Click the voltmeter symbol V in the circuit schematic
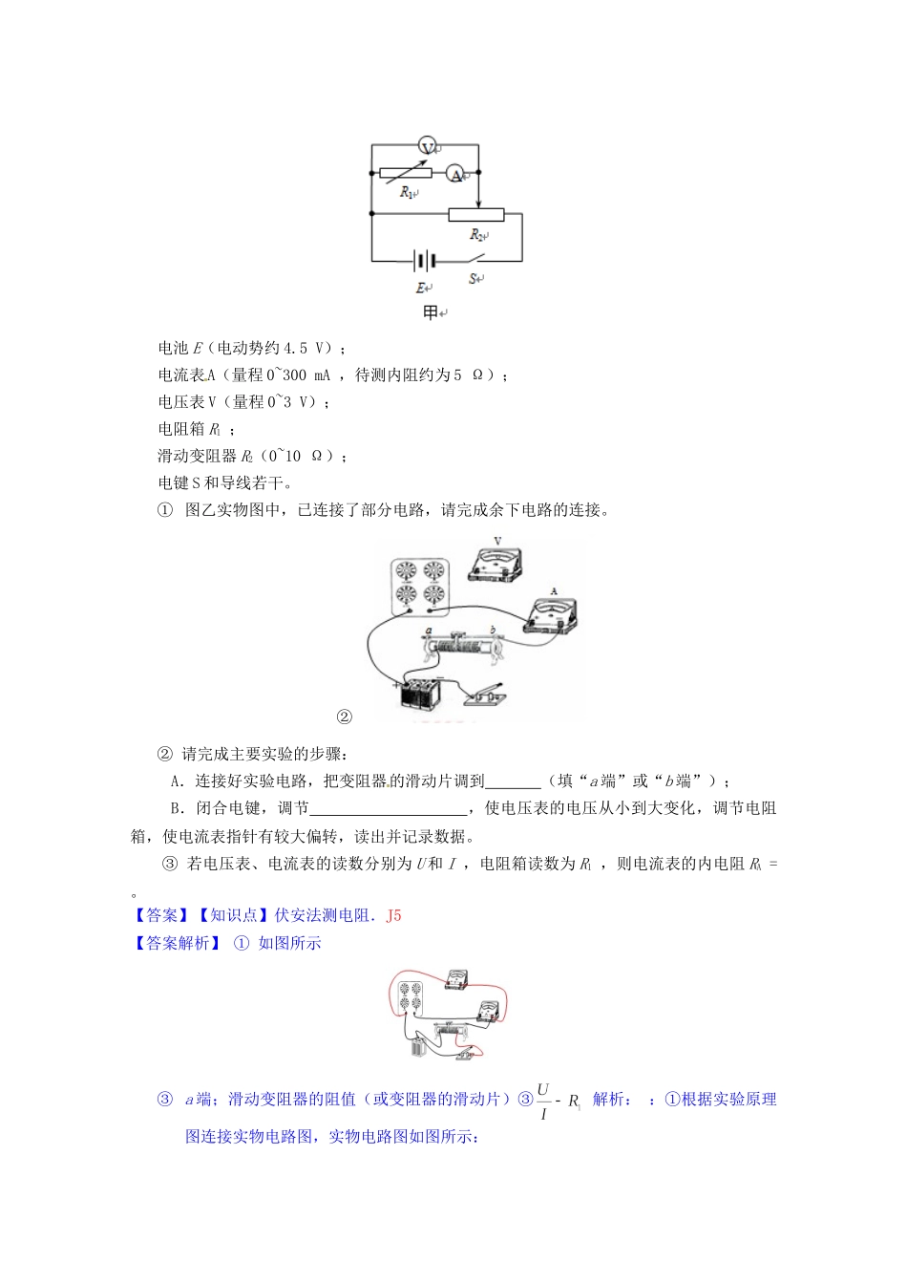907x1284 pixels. (x=429, y=146)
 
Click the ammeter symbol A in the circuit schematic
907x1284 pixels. (x=456, y=174)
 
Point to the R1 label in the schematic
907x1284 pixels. (x=407, y=193)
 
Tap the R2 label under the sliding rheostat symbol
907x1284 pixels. (x=478, y=234)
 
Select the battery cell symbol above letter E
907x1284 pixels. (x=425, y=260)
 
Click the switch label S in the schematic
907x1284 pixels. (x=474, y=278)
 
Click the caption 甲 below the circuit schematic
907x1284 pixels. (x=431, y=312)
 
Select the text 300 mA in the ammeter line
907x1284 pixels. (x=306, y=374)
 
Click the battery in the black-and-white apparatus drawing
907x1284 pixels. (x=419, y=695)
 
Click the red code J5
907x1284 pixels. (x=393, y=915)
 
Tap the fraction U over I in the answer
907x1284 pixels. (x=543, y=1101)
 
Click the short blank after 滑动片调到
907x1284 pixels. (x=514, y=781)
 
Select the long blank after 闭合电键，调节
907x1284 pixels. (x=390, y=808)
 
